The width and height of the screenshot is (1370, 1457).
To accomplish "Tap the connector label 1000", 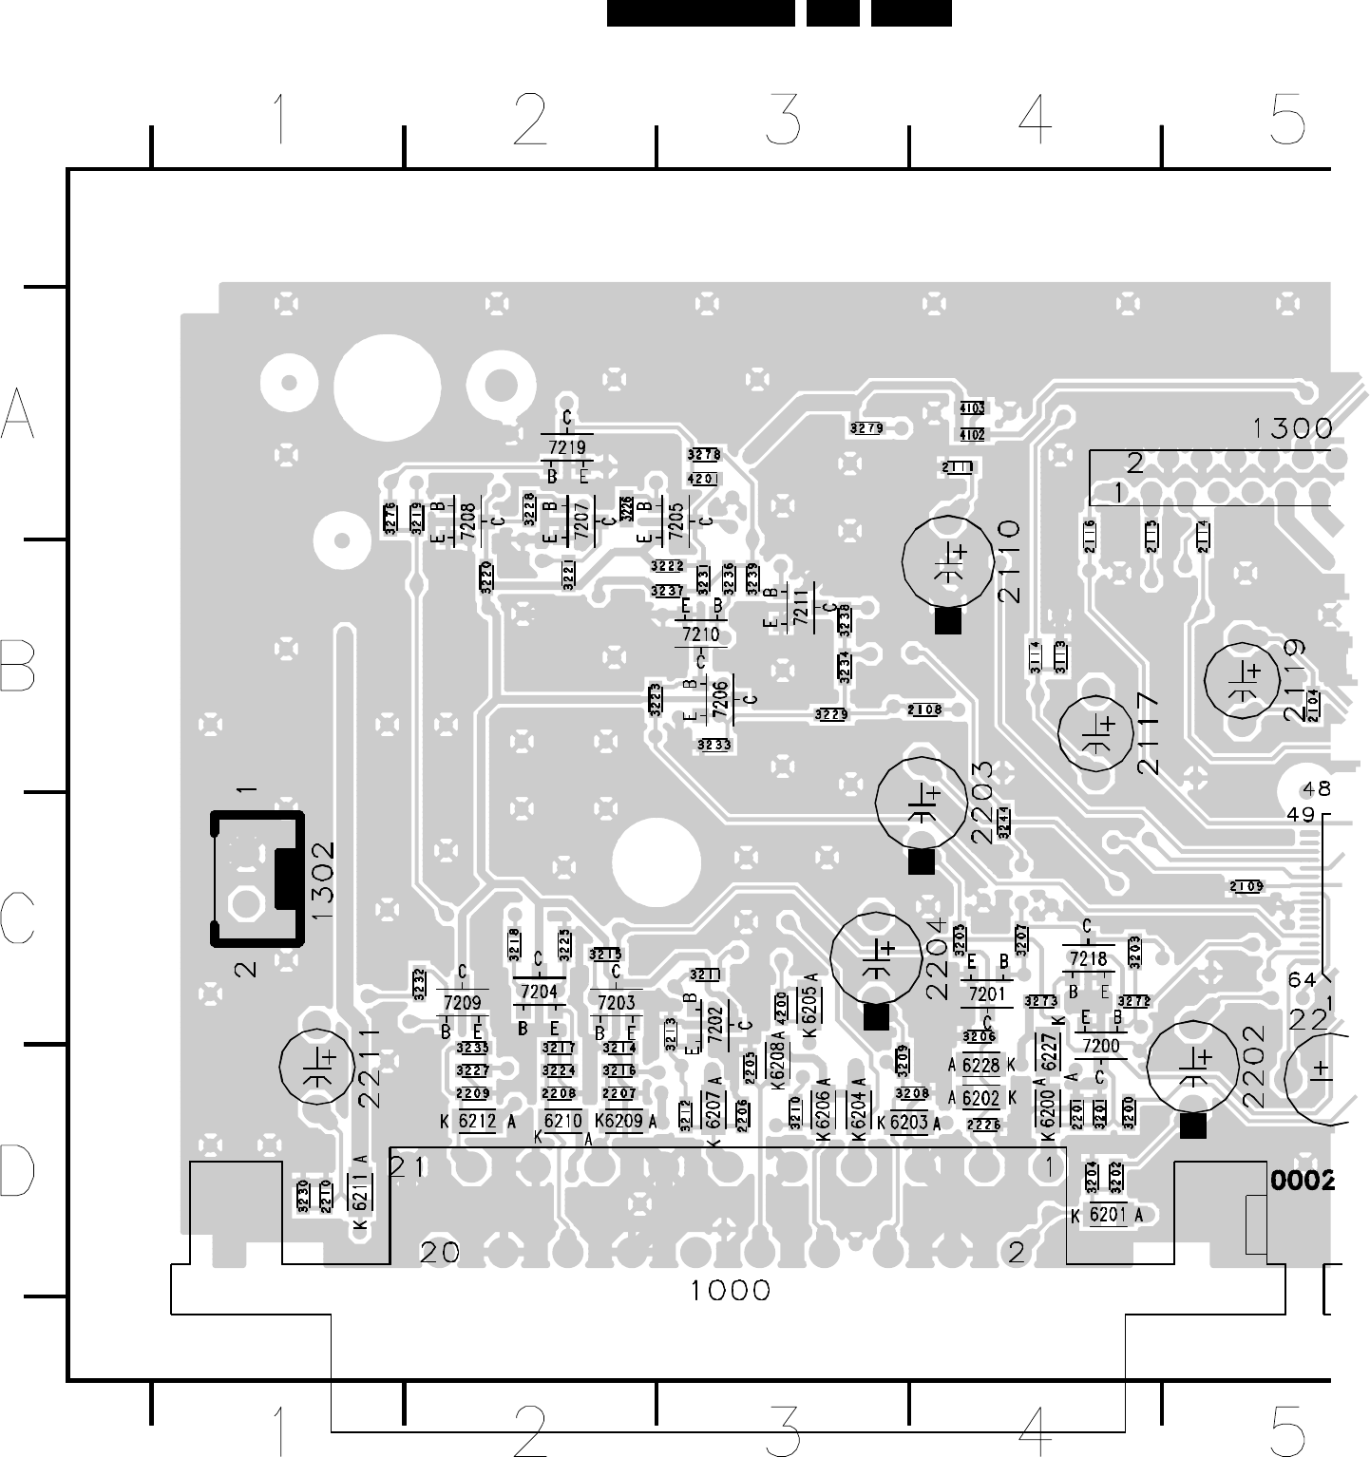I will pyautogui.click(x=730, y=1290).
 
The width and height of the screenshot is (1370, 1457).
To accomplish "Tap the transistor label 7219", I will pyautogui.click(x=567, y=446).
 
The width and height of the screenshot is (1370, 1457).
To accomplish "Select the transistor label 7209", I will pyautogui.click(x=462, y=1001).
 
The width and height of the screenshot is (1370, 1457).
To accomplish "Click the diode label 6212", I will pyautogui.click(x=477, y=1122).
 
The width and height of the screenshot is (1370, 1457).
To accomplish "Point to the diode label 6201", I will pyautogui.click(x=1107, y=1215).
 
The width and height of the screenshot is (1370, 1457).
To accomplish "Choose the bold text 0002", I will pyautogui.click(x=1303, y=1181).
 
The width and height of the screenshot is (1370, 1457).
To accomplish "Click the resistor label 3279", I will pyautogui.click(x=866, y=428).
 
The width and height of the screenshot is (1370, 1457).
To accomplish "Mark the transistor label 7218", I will pyautogui.click(x=1088, y=959).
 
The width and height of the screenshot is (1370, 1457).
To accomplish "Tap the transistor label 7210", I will pyautogui.click(x=701, y=634).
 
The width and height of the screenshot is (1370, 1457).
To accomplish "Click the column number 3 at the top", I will pyautogui.click(x=783, y=122).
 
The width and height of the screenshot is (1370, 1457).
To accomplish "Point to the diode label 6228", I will pyautogui.click(x=980, y=1066).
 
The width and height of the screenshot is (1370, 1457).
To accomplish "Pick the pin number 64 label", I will pyautogui.click(x=1302, y=979).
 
